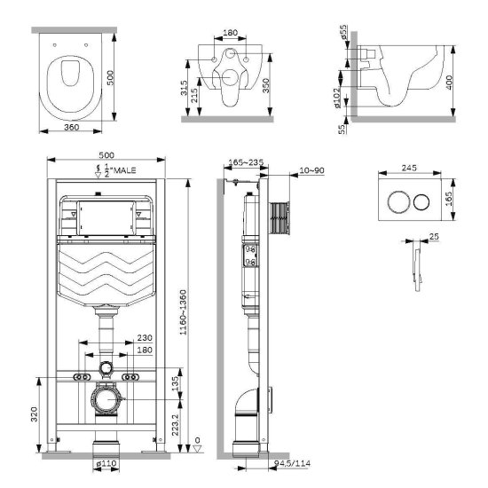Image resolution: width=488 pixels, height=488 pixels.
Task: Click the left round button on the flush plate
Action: (x=395, y=201)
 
